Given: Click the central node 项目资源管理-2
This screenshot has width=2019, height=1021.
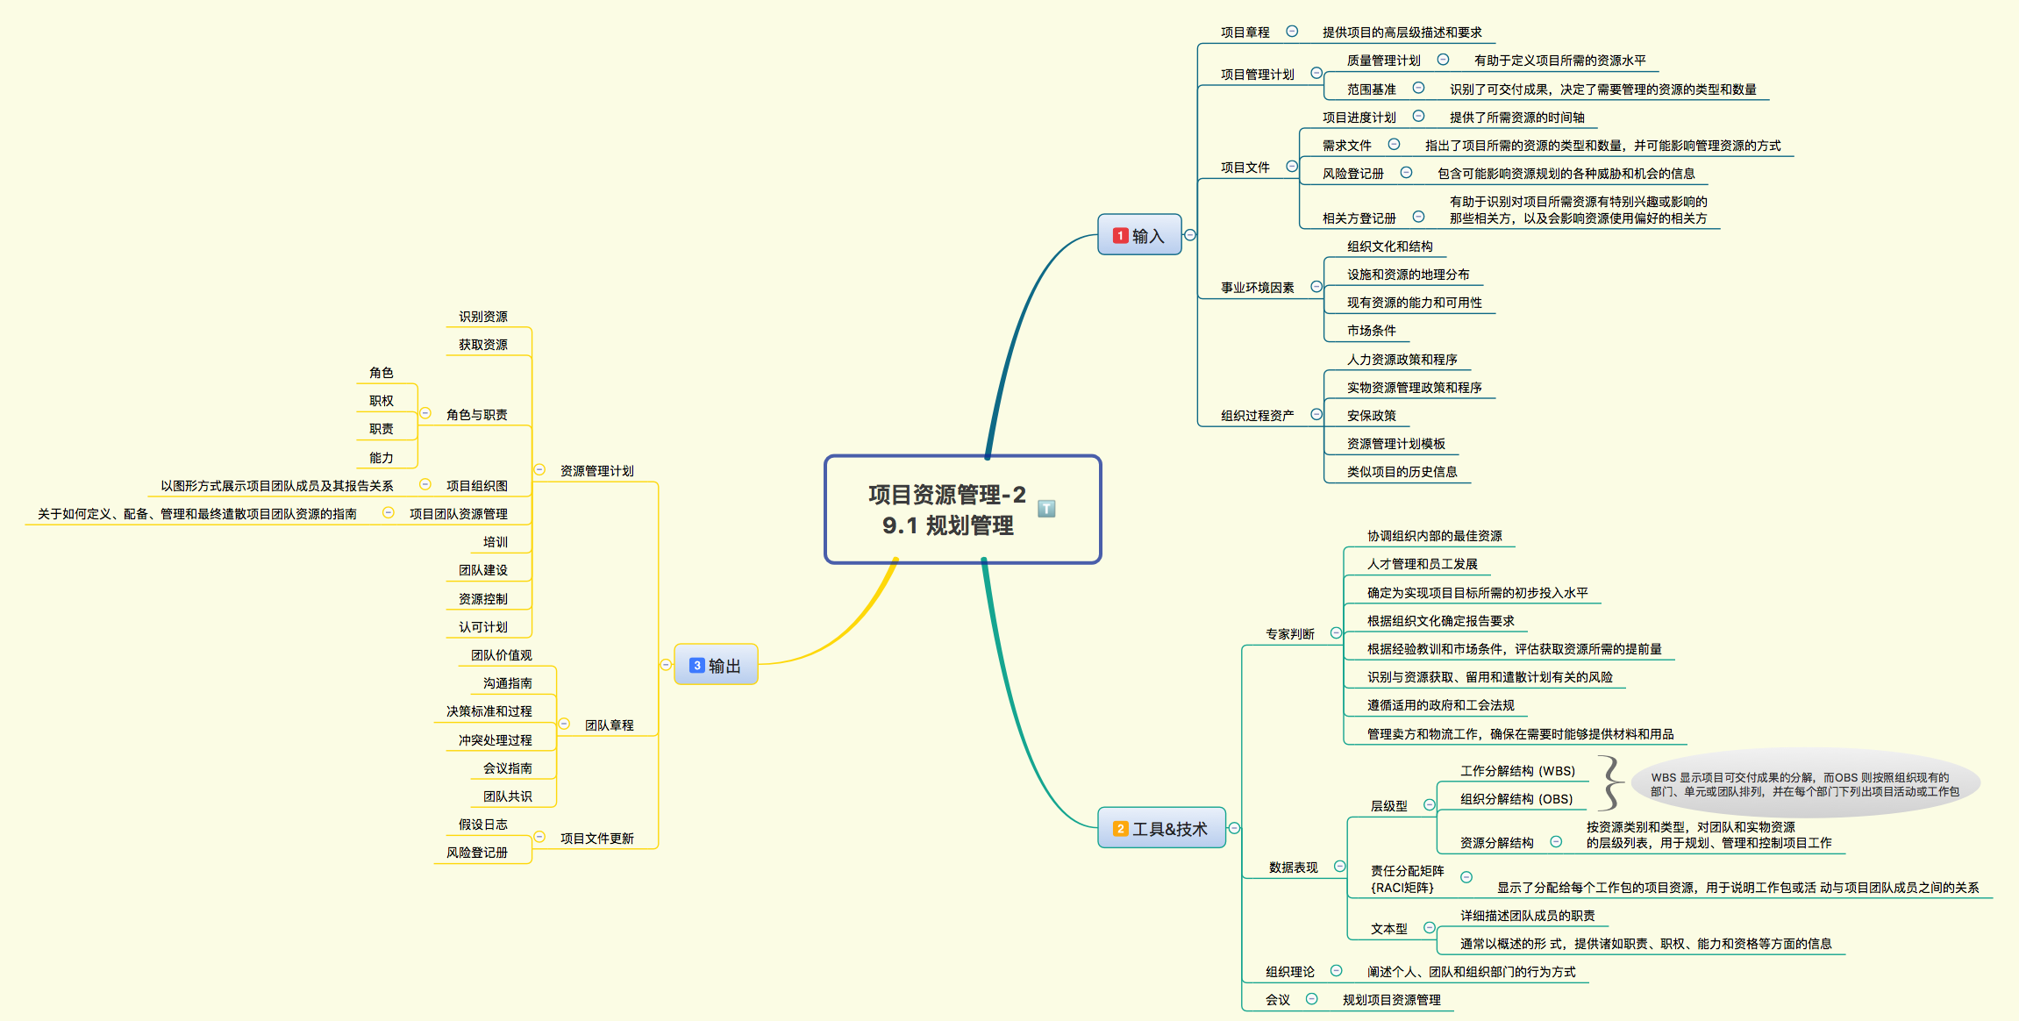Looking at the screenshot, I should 947,510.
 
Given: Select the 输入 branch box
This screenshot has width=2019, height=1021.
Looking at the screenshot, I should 1139,235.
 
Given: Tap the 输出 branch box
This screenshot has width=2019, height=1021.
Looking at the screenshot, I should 716,665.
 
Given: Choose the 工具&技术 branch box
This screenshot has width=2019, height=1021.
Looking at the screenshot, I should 1161,828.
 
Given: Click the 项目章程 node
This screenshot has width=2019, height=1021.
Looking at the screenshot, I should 1245,32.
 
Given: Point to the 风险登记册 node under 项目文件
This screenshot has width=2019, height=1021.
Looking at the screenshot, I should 1352,174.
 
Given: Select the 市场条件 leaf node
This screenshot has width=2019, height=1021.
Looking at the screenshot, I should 1371,331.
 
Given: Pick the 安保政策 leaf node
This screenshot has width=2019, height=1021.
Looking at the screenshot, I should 1371,416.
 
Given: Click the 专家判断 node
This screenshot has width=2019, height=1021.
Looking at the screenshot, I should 1289,634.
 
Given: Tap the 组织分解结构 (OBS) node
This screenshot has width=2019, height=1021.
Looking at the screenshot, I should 1516,799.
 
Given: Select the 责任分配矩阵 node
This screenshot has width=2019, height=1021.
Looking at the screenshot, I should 1407,879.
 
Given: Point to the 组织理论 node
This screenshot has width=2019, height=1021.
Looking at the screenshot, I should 1289,972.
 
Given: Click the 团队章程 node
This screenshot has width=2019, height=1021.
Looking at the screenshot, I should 609,725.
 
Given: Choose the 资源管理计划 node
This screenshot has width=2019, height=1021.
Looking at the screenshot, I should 596,471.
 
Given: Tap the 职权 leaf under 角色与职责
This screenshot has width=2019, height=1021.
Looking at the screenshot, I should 381,401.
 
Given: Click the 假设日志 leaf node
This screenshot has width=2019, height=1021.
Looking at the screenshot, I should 482,825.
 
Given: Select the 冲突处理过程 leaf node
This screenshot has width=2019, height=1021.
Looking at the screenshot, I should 495,740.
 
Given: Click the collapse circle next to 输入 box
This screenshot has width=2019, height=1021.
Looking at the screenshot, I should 1190,235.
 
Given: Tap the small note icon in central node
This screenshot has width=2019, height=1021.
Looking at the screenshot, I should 1046,509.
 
